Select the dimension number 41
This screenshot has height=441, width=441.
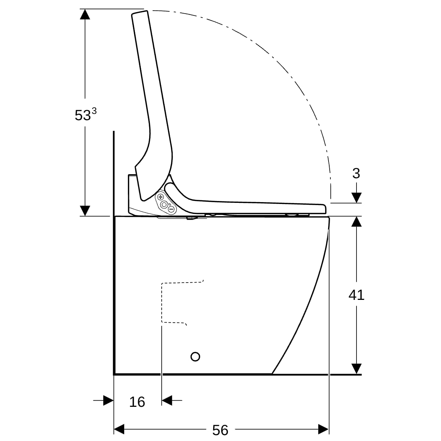point(356,295)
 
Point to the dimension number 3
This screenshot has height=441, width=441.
point(356,173)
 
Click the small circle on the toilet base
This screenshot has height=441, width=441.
point(195,356)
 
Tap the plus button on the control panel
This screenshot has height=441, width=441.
point(161,197)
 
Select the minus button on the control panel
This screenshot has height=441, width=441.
point(171,209)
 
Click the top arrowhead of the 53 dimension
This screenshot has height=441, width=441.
point(85,14)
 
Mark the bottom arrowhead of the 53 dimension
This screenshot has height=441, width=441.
point(85,211)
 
